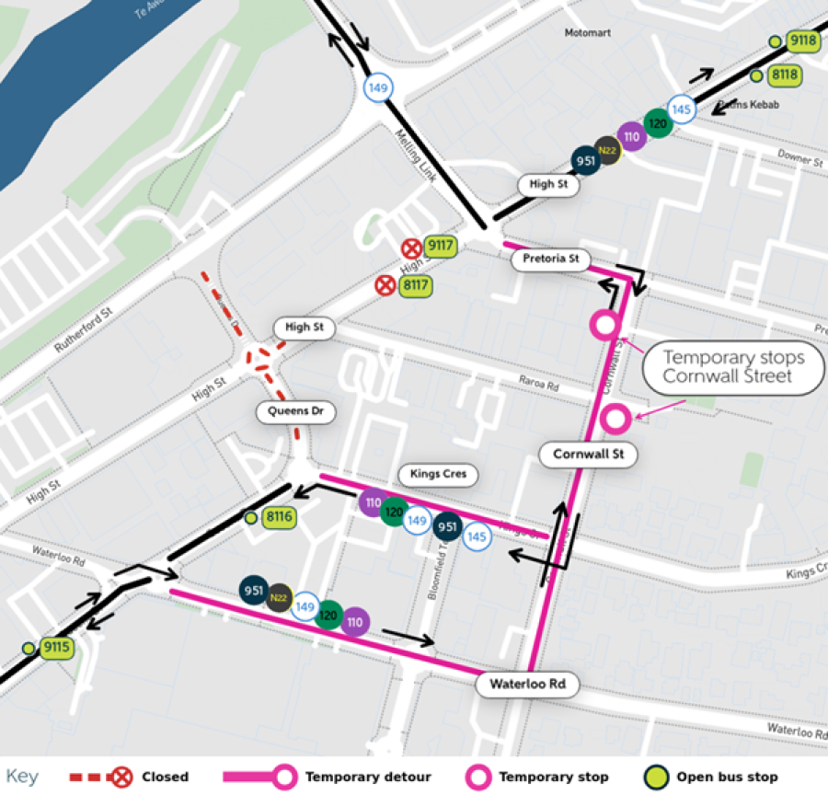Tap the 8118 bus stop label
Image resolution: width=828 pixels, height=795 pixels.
tap(785, 75)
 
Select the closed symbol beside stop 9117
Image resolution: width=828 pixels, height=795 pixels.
tap(411, 248)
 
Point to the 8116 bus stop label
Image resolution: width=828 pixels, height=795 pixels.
tap(279, 517)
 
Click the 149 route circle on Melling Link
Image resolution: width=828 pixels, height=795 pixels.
tap(377, 88)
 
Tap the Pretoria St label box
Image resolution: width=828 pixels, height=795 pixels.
tap(550, 259)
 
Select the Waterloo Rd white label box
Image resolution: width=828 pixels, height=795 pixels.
tap(527, 685)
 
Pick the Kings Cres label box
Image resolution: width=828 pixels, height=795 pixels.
tap(438, 475)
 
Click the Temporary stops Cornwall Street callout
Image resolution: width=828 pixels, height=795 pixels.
tap(733, 367)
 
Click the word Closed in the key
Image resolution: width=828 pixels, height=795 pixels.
tap(165, 777)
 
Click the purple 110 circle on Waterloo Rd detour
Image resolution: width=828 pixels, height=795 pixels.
tap(355, 623)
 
